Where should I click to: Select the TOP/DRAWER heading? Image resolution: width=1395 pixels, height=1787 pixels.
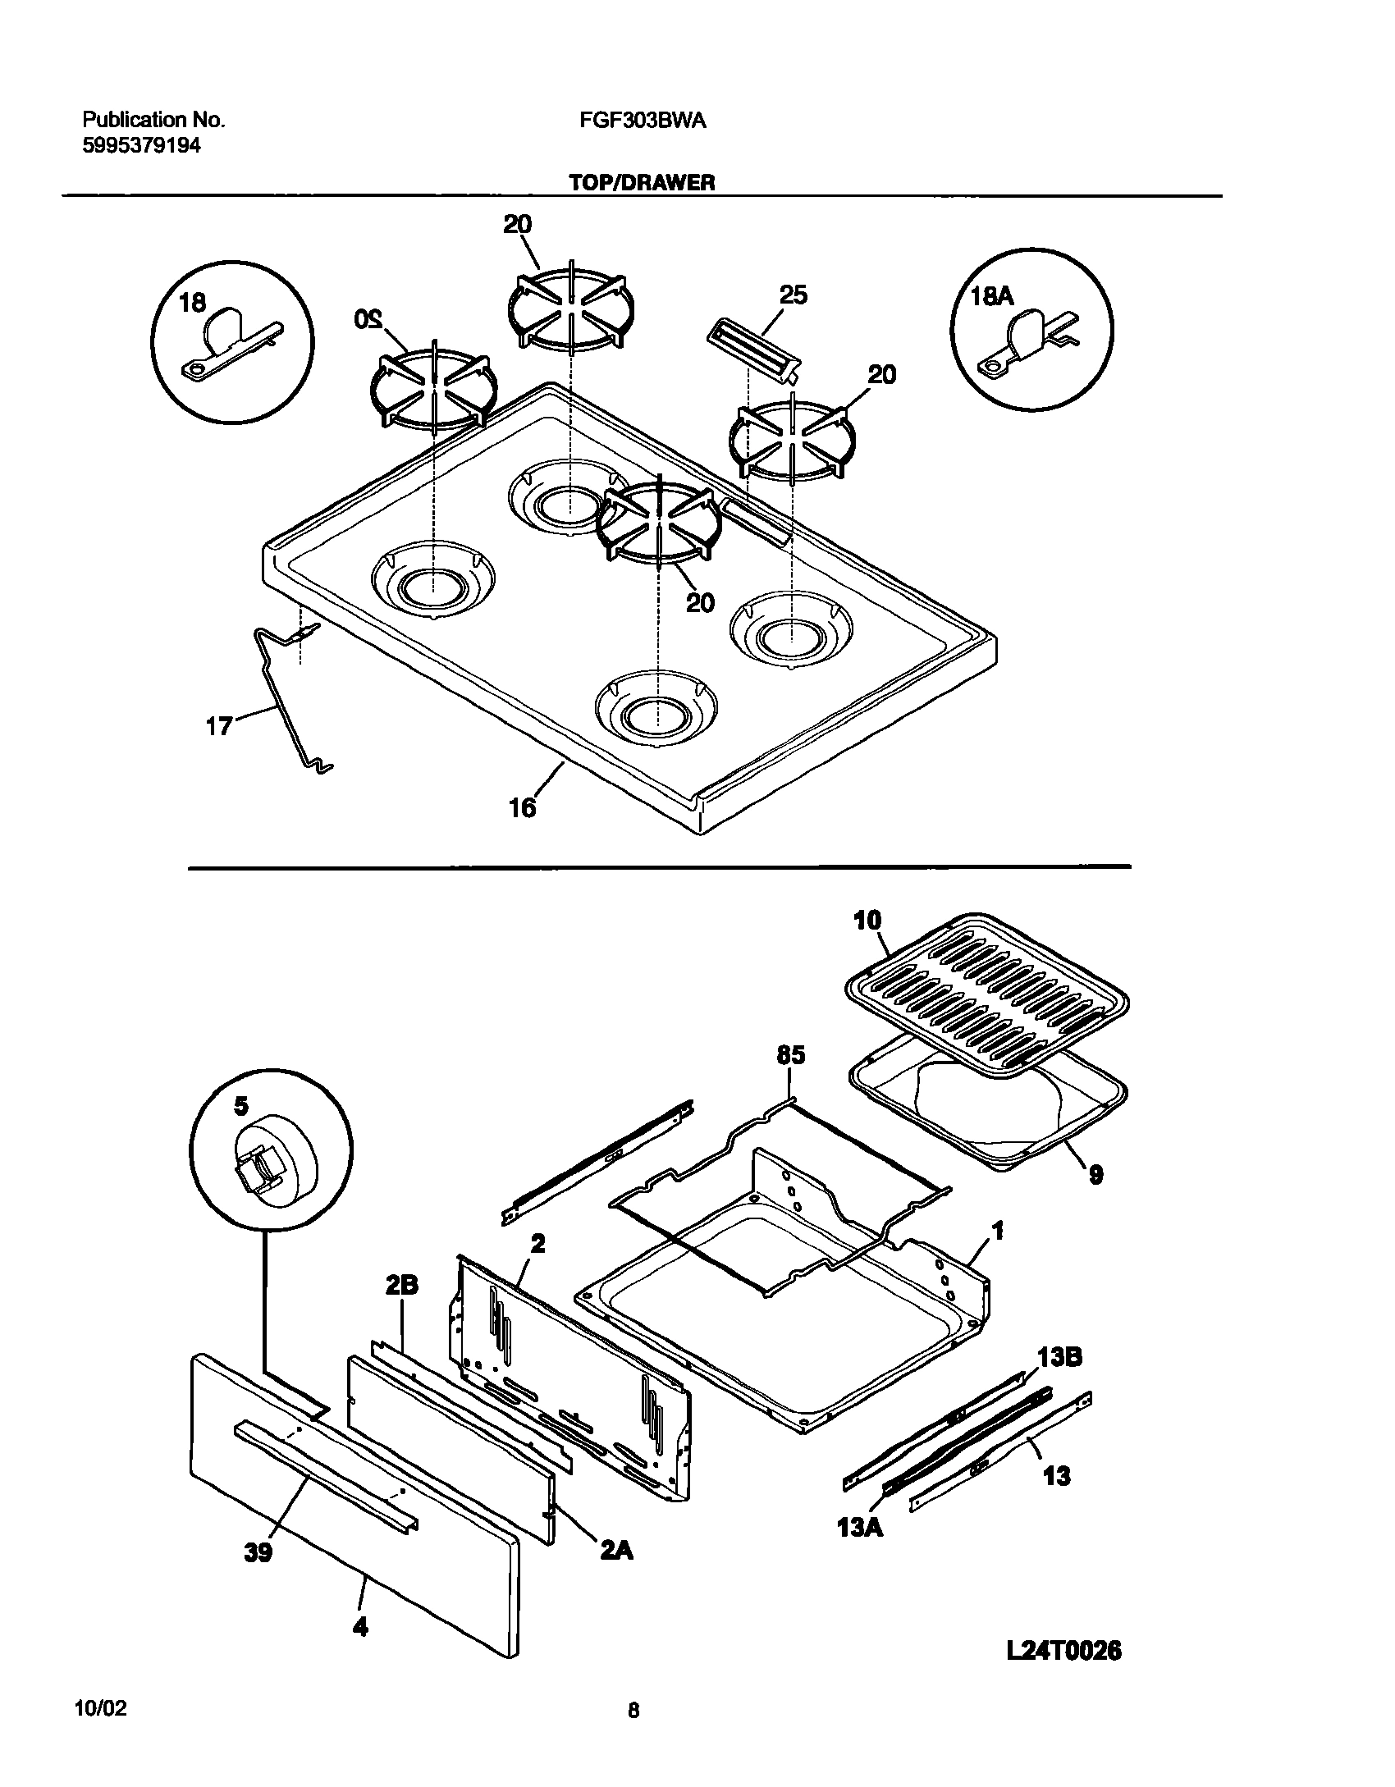(x=643, y=183)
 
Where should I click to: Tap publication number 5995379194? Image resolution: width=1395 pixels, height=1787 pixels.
(x=141, y=146)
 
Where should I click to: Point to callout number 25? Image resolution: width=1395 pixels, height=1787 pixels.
(x=794, y=295)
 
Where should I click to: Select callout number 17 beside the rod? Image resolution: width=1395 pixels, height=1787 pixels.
(x=219, y=726)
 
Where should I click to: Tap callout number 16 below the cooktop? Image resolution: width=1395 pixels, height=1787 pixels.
(x=522, y=808)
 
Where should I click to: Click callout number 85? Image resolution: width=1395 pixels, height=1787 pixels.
(x=790, y=1055)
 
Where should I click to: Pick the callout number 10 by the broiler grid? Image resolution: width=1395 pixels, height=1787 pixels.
(x=867, y=920)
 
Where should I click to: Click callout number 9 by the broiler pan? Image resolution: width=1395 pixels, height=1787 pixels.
(x=1095, y=1176)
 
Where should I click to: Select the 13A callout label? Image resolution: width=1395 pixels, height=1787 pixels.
(x=860, y=1528)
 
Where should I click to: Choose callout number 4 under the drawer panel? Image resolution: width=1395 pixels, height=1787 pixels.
(x=359, y=1625)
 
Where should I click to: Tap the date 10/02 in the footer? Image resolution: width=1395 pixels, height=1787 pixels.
(x=101, y=1710)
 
